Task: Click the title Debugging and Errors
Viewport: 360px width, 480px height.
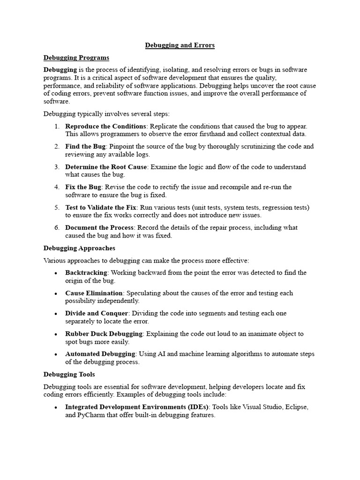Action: click(180, 45)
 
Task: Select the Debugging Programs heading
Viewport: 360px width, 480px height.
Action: click(76, 58)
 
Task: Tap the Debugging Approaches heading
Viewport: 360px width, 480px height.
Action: click(79, 248)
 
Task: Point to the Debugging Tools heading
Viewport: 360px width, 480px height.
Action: click(69, 375)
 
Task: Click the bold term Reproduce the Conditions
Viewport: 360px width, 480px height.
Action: click(106, 127)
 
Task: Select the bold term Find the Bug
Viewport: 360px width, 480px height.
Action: click(85, 147)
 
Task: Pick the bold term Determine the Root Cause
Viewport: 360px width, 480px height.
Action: click(106, 167)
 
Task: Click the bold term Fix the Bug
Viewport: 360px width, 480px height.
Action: click(83, 187)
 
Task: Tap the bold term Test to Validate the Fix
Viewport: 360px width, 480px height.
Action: click(101, 207)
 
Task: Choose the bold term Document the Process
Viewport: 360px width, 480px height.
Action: click(100, 228)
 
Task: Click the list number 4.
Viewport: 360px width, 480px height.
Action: click(57, 187)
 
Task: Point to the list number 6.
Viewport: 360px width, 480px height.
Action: click(57, 228)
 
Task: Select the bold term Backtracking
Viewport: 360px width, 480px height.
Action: click(87, 273)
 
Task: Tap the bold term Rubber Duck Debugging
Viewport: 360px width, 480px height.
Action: click(104, 334)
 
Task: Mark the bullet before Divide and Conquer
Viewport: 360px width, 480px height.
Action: click(56, 314)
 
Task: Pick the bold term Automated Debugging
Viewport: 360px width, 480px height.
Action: click(100, 354)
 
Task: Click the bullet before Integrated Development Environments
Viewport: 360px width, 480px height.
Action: click(56, 407)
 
